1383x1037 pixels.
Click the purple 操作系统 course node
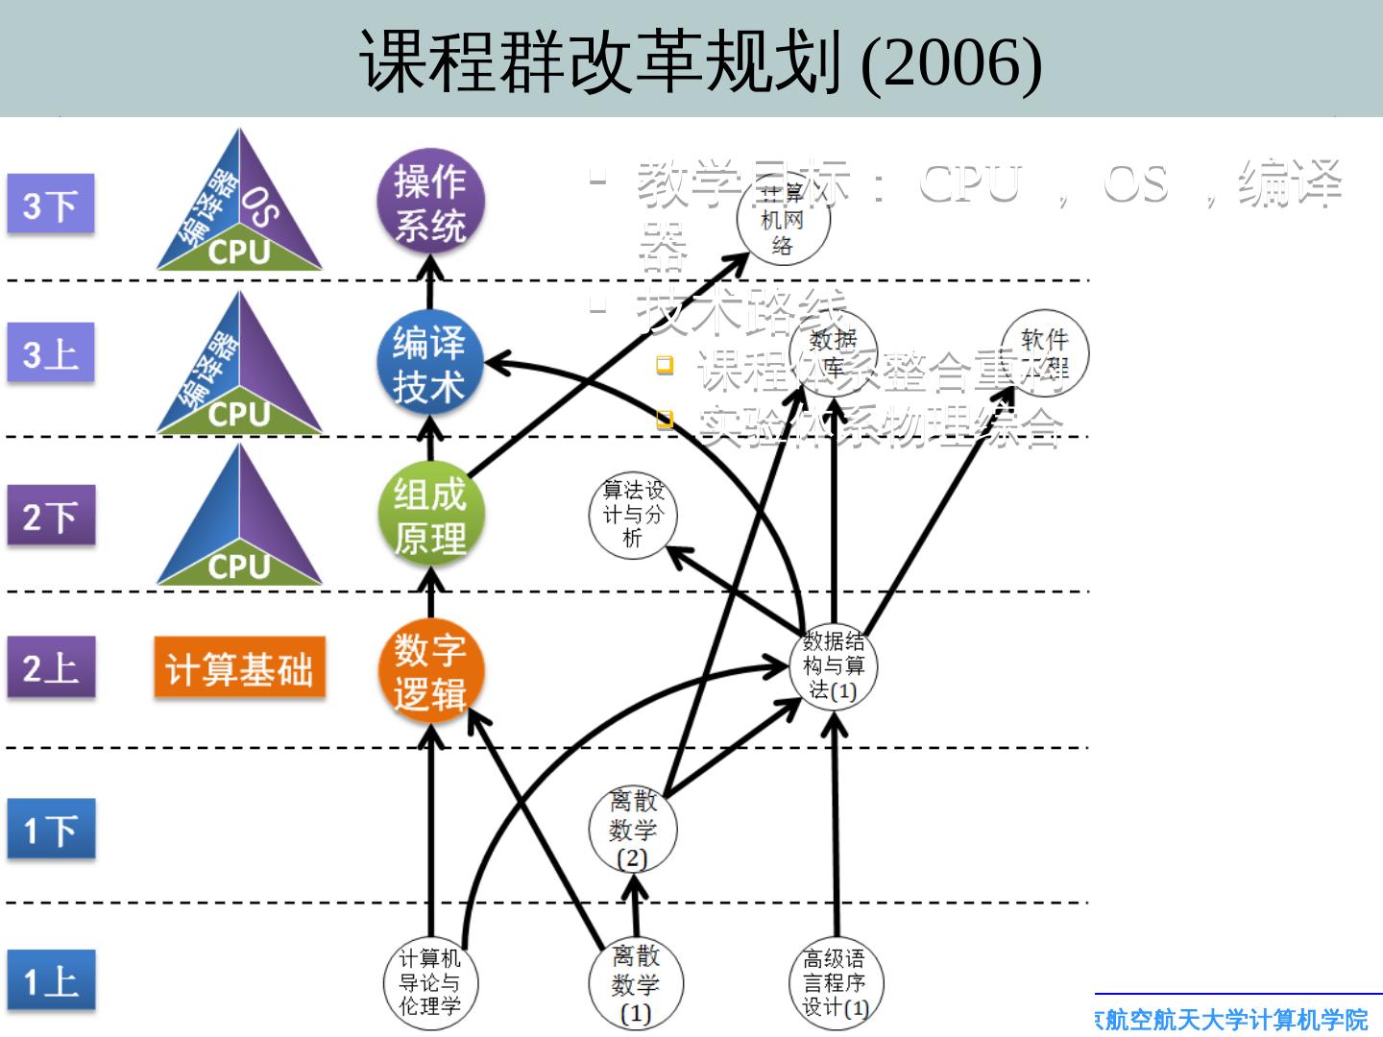pyautogui.click(x=430, y=204)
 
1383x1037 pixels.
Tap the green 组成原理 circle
pyautogui.click(x=430, y=516)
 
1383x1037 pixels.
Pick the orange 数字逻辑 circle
pyautogui.click(x=430, y=671)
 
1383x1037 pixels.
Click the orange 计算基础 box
pyautogui.click(x=239, y=669)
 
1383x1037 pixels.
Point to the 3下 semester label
pyautogui.click(x=51, y=204)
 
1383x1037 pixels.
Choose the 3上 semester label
pyautogui.click(x=51, y=353)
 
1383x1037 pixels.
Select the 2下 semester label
pyautogui.click(x=51, y=516)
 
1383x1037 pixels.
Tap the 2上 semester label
pyautogui.click(x=51, y=667)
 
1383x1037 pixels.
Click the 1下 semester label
pyautogui.click(x=51, y=830)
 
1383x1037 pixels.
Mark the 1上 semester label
pyautogui.click(x=51, y=980)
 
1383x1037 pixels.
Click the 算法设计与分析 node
pyautogui.click(x=633, y=515)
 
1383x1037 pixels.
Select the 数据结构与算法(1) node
pyautogui.click(x=834, y=665)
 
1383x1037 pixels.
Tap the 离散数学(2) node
pyautogui.click(x=633, y=830)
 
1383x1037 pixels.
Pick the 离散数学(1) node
pyautogui.click(x=635, y=983)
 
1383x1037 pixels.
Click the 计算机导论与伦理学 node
pyautogui.click(x=429, y=982)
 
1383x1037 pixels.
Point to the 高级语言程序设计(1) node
pyautogui.click(x=835, y=983)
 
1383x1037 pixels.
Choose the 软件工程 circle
pyautogui.click(x=1044, y=353)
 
